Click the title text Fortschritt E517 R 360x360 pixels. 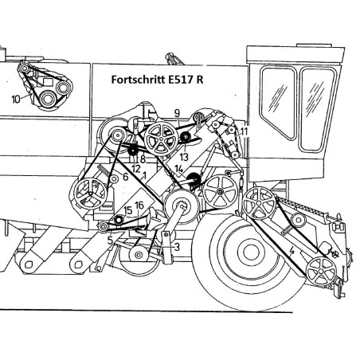coord(157,80)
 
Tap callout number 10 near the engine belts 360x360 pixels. coord(16,100)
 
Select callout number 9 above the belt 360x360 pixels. coord(177,113)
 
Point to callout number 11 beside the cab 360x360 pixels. coord(244,131)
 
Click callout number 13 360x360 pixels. coord(184,157)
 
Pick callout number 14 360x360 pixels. coord(179,169)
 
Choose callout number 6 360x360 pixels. coord(126,177)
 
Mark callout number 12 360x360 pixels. coord(135,169)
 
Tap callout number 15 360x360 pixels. coord(128,210)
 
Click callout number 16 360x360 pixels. coord(139,205)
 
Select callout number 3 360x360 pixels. coord(177,248)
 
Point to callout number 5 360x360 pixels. coord(111,241)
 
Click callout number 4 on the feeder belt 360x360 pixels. coord(292,251)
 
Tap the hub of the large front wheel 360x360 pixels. coord(251,252)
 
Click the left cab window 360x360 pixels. coord(278,103)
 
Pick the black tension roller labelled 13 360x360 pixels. coord(185,137)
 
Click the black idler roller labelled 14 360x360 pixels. coord(193,178)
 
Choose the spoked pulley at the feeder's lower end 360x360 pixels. coord(321,272)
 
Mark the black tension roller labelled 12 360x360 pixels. coord(133,151)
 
